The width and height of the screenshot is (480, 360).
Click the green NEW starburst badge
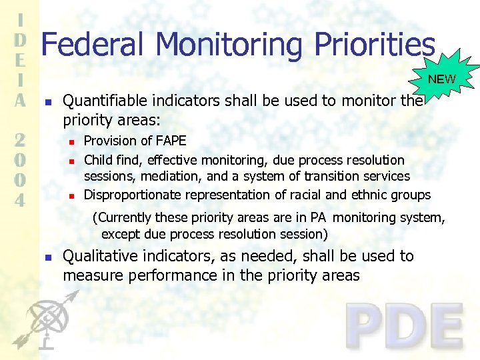click(442, 79)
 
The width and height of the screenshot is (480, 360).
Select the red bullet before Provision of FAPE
click(71, 142)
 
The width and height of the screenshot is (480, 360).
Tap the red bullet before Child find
click(71, 161)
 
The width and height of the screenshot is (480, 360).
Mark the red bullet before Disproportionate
click(71, 196)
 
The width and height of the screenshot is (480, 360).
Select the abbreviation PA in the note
click(318, 217)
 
